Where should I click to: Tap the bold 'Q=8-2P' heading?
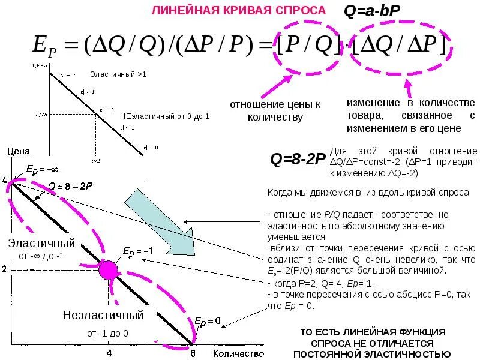298,160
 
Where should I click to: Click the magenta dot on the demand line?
109,271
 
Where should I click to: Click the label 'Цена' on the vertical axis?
18,151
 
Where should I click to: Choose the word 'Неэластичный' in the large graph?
103,315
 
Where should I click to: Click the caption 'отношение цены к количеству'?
275,110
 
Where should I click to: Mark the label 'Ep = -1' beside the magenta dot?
134,250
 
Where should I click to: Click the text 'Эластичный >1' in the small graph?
118,74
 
